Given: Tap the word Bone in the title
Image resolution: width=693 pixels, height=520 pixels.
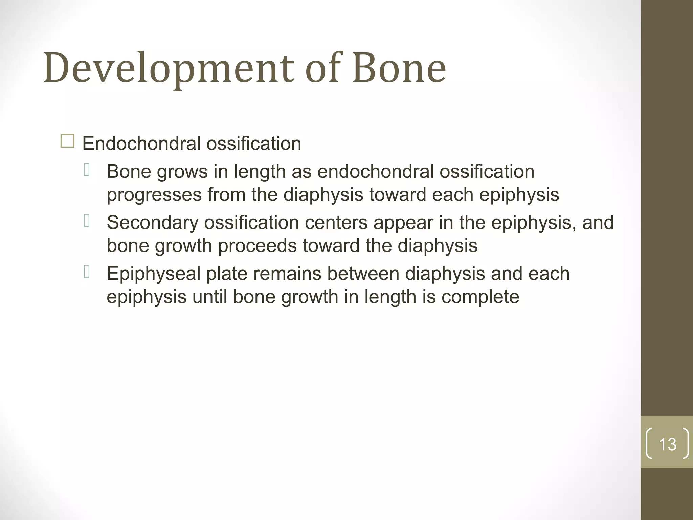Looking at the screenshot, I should pyautogui.click(x=399, y=68).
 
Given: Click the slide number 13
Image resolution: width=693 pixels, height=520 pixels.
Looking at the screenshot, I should pyautogui.click(x=667, y=444).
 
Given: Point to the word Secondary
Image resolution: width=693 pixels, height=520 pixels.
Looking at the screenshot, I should pyautogui.click(x=153, y=223).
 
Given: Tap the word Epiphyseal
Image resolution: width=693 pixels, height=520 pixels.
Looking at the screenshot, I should pyautogui.click(x=154, y=274).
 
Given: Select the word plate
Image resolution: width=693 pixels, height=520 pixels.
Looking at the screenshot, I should pyautogui.click(x=227, y=274).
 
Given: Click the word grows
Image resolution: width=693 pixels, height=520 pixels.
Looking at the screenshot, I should pyautogui.click(x=182, y=172).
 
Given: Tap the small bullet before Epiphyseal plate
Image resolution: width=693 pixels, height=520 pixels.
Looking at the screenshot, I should pyautogui.click(x=87, y=272).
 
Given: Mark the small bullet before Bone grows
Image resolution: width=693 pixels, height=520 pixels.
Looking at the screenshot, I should pyautogui.click(x=87, y=170).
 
